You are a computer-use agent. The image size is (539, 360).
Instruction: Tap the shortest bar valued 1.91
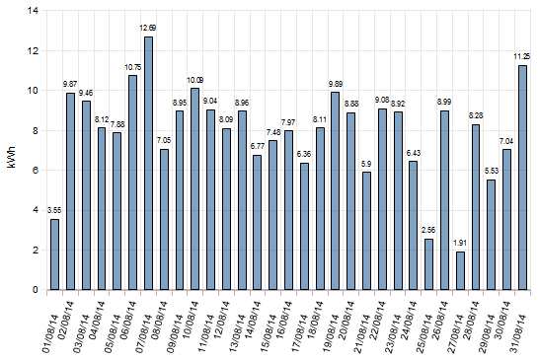coord(460,271)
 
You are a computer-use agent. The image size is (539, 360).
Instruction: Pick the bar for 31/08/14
coord(522,178)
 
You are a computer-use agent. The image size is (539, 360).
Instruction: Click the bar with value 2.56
coord(428,264)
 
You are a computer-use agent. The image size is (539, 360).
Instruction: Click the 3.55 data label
coord(54,210)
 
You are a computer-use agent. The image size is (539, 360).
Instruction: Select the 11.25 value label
coord(522,56)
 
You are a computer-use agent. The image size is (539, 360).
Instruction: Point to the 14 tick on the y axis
coord(34,11)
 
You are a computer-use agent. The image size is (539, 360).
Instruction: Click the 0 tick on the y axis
coord(37,290)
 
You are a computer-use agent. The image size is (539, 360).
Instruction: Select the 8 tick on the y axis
coord(37,130)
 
